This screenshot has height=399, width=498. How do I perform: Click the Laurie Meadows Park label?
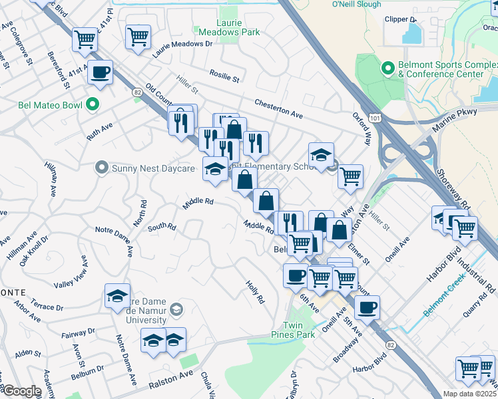[219, 27]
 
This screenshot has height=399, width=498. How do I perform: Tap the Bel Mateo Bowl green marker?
[93, 105]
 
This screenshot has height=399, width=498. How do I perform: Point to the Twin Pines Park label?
[298, 331]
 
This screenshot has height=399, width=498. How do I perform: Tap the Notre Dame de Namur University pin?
[176, 309]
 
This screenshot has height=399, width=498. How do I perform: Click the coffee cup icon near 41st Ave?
[100, 72]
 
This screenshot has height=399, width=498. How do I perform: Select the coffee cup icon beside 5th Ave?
[366, 308]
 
